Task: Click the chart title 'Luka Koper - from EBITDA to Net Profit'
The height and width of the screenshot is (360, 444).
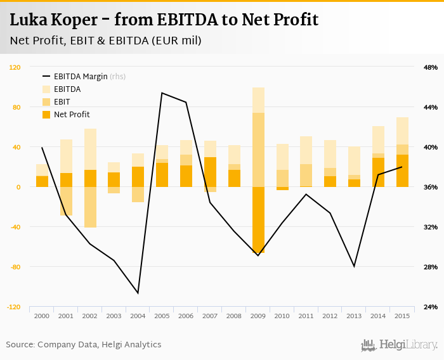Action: [164, 20]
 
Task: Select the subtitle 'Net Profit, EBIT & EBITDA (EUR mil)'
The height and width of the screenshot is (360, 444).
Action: [105, 41]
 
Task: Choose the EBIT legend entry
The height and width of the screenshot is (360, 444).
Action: [62, 102]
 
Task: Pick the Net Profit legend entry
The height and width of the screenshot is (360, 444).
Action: [71, 115]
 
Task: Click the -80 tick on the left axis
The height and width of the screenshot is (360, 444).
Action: [15, 267]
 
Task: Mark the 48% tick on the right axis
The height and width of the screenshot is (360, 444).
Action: [430, 67]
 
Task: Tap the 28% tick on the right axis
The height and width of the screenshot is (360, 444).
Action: [430, 267]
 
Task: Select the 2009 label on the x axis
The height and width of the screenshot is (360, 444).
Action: [258, 316]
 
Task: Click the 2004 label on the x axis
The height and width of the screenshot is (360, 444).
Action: [138, 316]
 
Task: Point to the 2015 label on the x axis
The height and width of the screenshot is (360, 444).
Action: [402, 316]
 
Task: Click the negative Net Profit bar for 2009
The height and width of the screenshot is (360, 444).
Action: [258, 219]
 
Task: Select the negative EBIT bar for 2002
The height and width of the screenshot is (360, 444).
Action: [90, 207]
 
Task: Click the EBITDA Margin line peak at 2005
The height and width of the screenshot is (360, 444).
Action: [162, 93]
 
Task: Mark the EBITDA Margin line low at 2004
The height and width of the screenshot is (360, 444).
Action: [138, 293]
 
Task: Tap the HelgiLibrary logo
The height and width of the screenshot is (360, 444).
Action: [400, 345]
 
